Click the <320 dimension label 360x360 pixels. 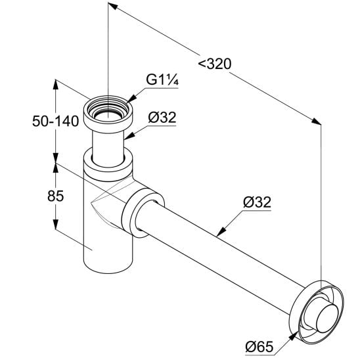[215, 64]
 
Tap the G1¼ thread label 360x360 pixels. [162, 80]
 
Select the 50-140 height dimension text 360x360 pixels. [56, 121]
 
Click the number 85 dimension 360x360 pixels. [56, 196]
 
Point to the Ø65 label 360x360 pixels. [259, 346]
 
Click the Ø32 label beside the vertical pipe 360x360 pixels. [162, 117]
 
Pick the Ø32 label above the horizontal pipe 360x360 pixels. [257, 202]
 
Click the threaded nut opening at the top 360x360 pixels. [108, 110]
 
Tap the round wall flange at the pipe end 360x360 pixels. [317, 311]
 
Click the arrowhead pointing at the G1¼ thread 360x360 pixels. [131, 99]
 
